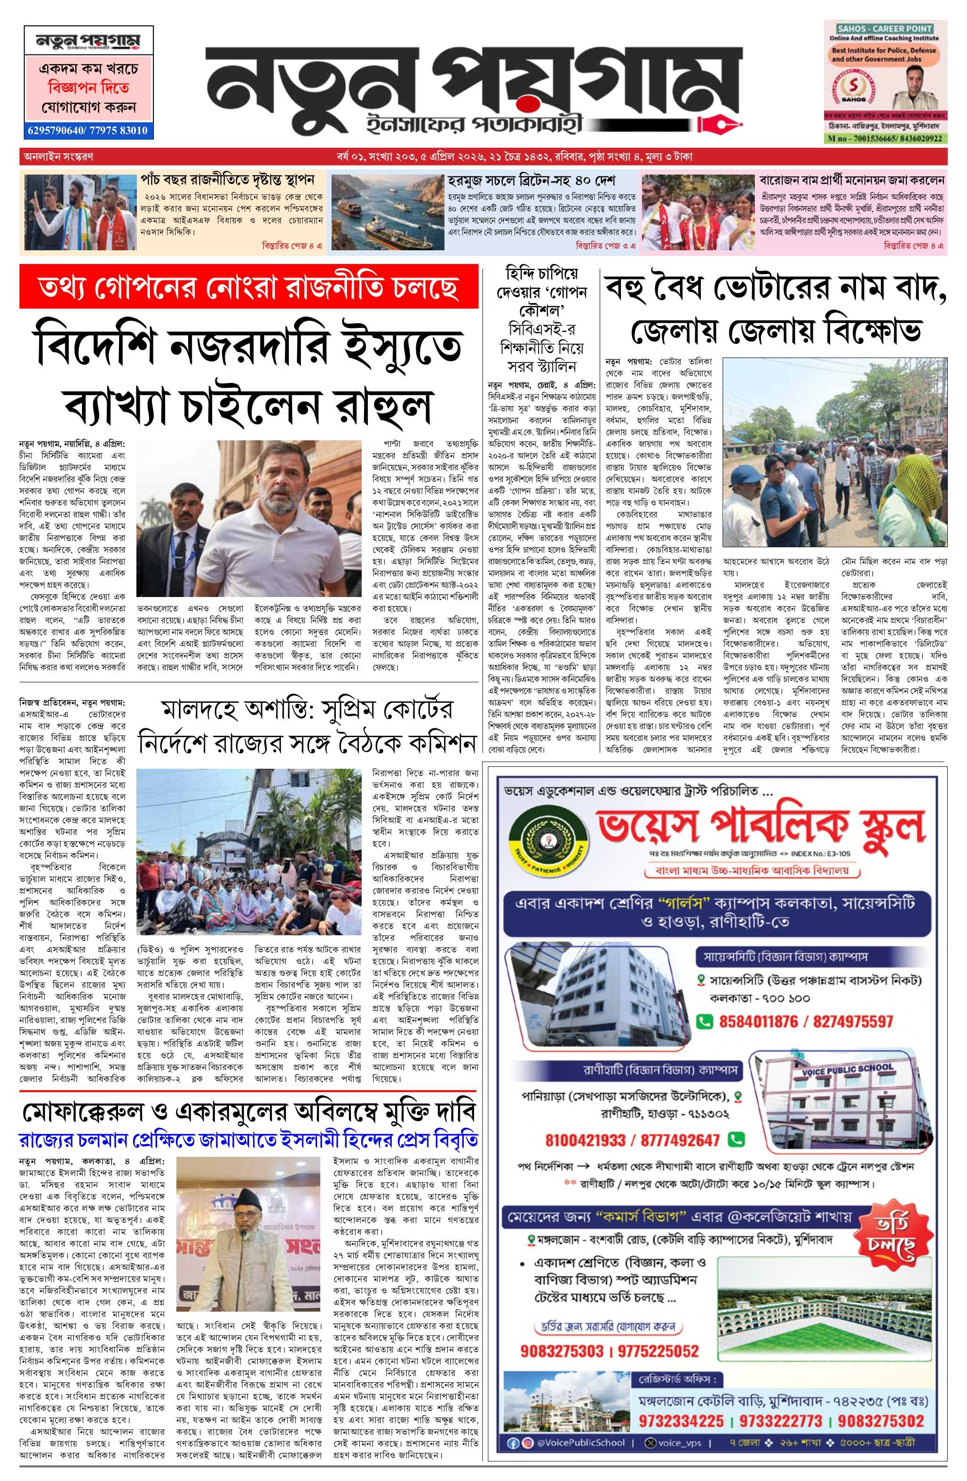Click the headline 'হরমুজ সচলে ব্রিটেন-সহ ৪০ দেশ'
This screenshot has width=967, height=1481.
click(x=531, y=181)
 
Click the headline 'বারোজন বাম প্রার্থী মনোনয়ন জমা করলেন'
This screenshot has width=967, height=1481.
click(x=852, y=181)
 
